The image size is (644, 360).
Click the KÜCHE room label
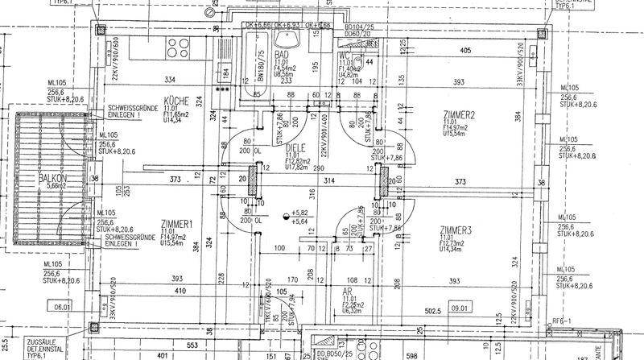176,101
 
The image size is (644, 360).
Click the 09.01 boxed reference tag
461,307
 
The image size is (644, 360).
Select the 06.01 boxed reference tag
62,307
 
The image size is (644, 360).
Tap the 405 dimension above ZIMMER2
463,51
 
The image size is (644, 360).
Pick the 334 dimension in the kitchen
169,81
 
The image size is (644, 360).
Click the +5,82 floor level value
299,213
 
